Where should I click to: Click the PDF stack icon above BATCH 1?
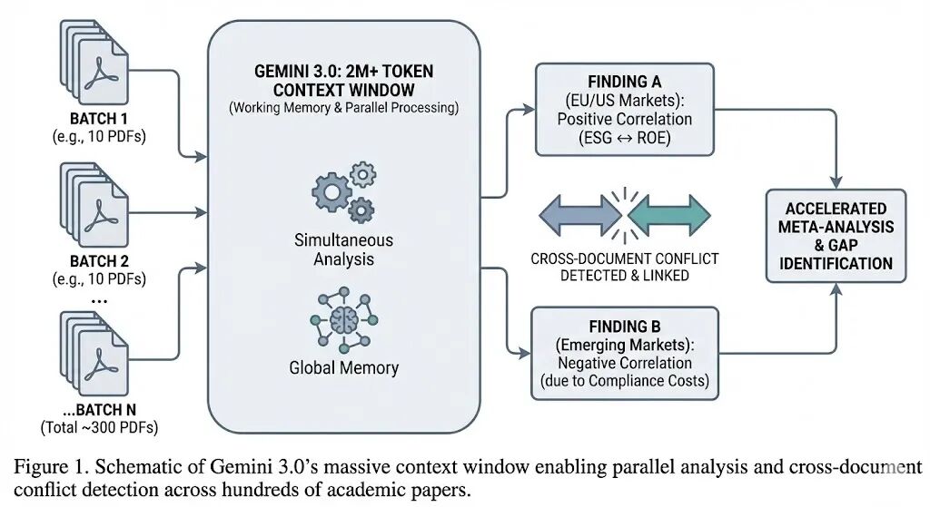coord(94,63)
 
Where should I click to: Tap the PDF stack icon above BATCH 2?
coord(94,205)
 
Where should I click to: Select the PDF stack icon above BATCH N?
coord(94,354)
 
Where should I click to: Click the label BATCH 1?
coord(98,119)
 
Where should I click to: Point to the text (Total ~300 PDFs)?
coord(99,427)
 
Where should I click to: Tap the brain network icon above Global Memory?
coord(343,320)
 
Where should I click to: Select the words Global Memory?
coord(344,368)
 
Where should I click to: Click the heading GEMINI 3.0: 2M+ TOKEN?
coord(344,71)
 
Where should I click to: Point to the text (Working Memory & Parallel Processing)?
coord(344,108)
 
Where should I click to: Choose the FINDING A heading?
coord(625,82)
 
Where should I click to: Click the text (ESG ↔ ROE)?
coord(625,138)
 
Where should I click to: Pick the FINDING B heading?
coord(625,327)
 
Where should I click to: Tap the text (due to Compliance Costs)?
coord(625,381)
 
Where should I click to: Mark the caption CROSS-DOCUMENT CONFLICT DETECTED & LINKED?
coord(625,268)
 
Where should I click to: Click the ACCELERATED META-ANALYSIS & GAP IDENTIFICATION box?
coord(836,236)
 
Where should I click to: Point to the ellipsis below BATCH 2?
coord(99,301)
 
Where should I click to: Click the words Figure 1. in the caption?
coord(51,467)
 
